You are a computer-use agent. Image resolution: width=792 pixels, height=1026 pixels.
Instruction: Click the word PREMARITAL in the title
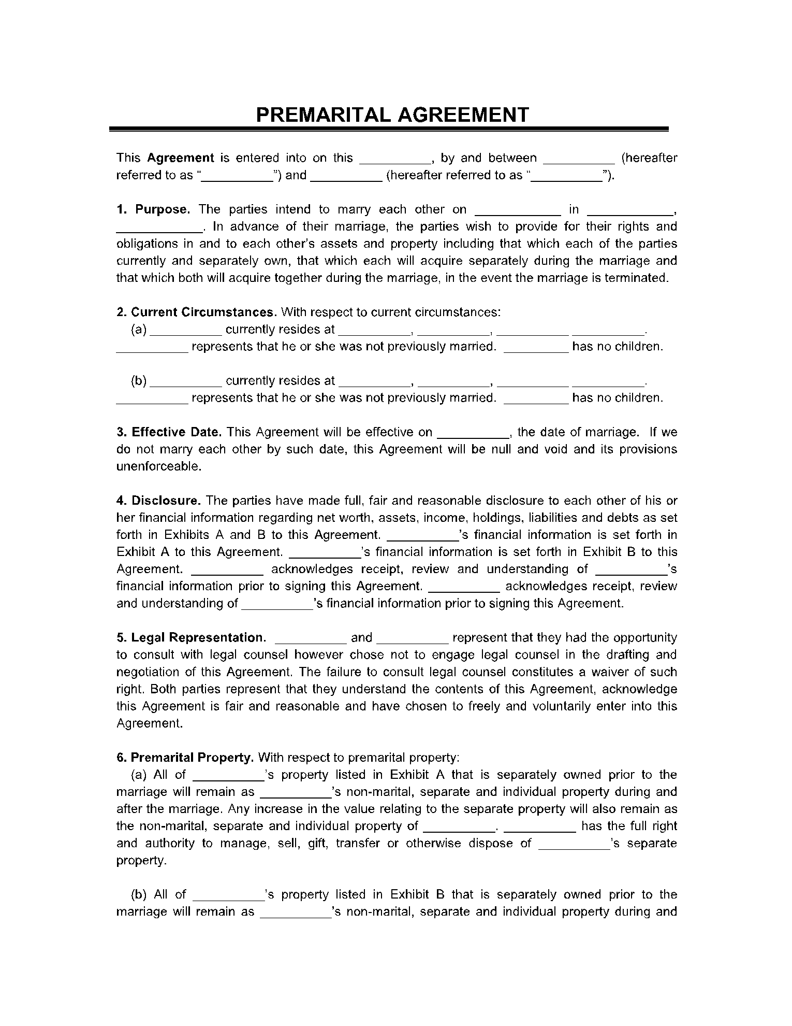click(x=324, y=115)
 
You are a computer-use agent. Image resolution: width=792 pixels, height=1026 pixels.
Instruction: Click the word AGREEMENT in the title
click(x=463, y=115)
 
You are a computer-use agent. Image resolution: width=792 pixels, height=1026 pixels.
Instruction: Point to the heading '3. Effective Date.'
click(x=169, y=432)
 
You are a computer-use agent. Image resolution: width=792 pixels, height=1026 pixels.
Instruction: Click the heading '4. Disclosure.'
click(x=159, y=500)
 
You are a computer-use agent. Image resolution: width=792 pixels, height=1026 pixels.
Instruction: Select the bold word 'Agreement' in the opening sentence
click(x=181, y=158)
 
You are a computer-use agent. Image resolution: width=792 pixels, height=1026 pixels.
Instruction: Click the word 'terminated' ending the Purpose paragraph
click(x=641, y=278)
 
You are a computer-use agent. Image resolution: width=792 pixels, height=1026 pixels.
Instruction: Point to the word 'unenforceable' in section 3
click(x=157, y=466)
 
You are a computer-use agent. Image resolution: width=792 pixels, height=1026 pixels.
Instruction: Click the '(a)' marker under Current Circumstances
click(x=139, y=329)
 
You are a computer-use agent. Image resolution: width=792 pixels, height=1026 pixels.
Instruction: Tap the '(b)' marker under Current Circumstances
click(x=139, y=380)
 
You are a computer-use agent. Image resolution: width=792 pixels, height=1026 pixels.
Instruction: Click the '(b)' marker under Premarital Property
click(x=139, y=894)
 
